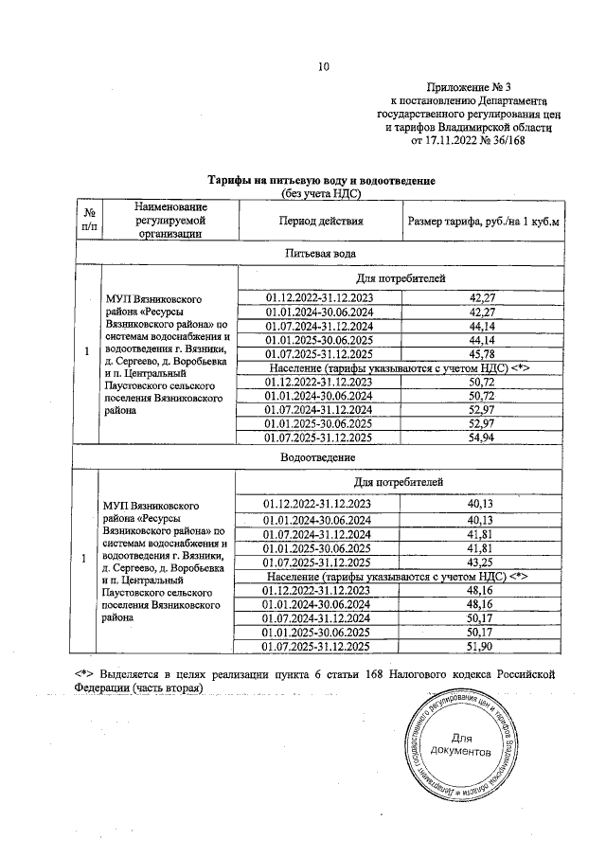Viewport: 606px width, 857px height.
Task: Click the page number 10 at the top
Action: click(x=324, y=66)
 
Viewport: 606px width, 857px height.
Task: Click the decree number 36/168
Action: click(x=508, y=140)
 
